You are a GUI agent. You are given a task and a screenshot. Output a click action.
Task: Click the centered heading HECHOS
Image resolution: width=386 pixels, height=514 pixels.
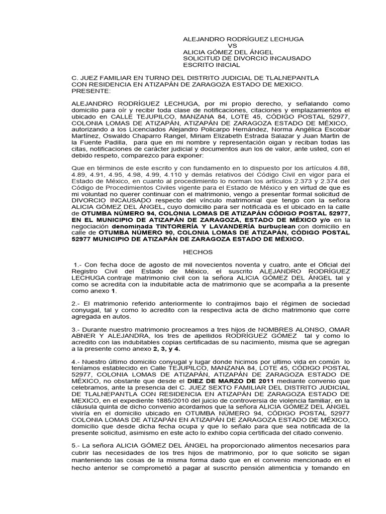pos(199,252)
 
